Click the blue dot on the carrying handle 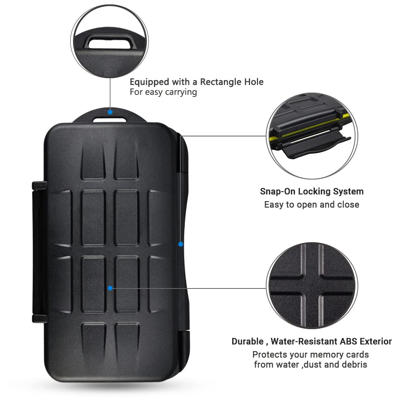(x=110, y=112)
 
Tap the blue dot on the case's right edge (x=181, y=244)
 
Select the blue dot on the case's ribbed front (x=110, y=288)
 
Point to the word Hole (x=254, y=82)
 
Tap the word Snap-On (x=278, y=191)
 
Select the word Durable (x=247, y=341)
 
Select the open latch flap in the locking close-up (x=316, y=146)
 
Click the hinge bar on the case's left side (x=39, y=252)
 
